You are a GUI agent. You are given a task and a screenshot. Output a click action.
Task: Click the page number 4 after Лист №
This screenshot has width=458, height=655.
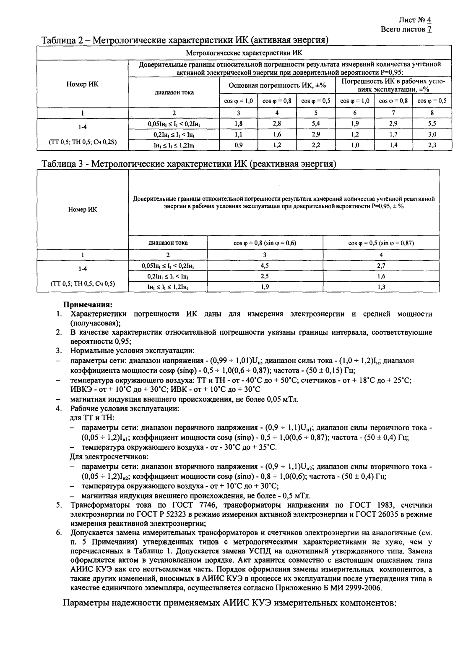429,20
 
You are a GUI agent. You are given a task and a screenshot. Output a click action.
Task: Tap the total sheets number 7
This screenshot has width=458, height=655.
429,29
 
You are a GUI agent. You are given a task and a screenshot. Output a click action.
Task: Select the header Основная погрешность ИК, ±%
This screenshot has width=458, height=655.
277,85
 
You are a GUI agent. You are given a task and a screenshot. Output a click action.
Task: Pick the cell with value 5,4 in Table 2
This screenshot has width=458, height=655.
315,124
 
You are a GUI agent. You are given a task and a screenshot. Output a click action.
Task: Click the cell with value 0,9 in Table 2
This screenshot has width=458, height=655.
238,145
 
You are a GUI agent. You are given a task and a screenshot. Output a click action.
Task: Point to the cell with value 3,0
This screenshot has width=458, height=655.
432,134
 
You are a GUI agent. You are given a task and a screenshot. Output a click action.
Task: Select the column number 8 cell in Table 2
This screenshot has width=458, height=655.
432,113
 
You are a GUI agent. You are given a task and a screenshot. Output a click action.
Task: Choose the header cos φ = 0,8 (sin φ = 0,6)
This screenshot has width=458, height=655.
265,243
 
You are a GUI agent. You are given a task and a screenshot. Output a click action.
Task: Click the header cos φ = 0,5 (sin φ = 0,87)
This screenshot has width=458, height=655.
381,243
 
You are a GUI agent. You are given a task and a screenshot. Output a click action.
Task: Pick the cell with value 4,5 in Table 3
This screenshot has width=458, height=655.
265,266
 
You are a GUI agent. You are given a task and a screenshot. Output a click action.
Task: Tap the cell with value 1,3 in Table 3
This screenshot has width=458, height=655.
381,287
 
